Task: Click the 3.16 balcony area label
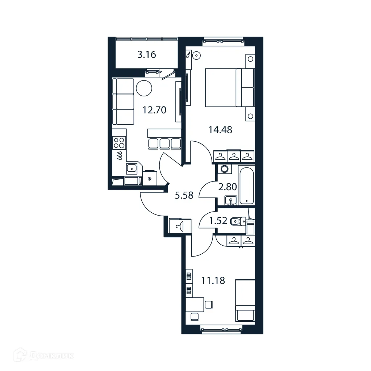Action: pyautogui.click(x=146, y=55)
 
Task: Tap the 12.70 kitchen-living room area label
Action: pyautogui.click(x=154, y=110)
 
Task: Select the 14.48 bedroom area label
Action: pyautogui.click(x=220, y=129)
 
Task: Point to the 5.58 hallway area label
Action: pyautogui.click(x=184, y=196)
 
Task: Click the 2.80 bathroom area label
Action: pyautogui.click(x=228, y=187)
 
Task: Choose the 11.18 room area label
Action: pyautogui.click(x=213, y=280)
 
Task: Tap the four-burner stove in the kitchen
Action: pyautogui.click(x=119, y=143)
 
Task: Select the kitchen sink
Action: pyautogui.click(x=132, y=168)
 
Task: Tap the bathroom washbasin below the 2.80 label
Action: pyautogui.click(x=231, y=200)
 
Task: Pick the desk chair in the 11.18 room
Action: pyautogui.click(x=208, y=304)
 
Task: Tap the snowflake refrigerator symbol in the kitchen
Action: pyautogui.click(x=149, y=178)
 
